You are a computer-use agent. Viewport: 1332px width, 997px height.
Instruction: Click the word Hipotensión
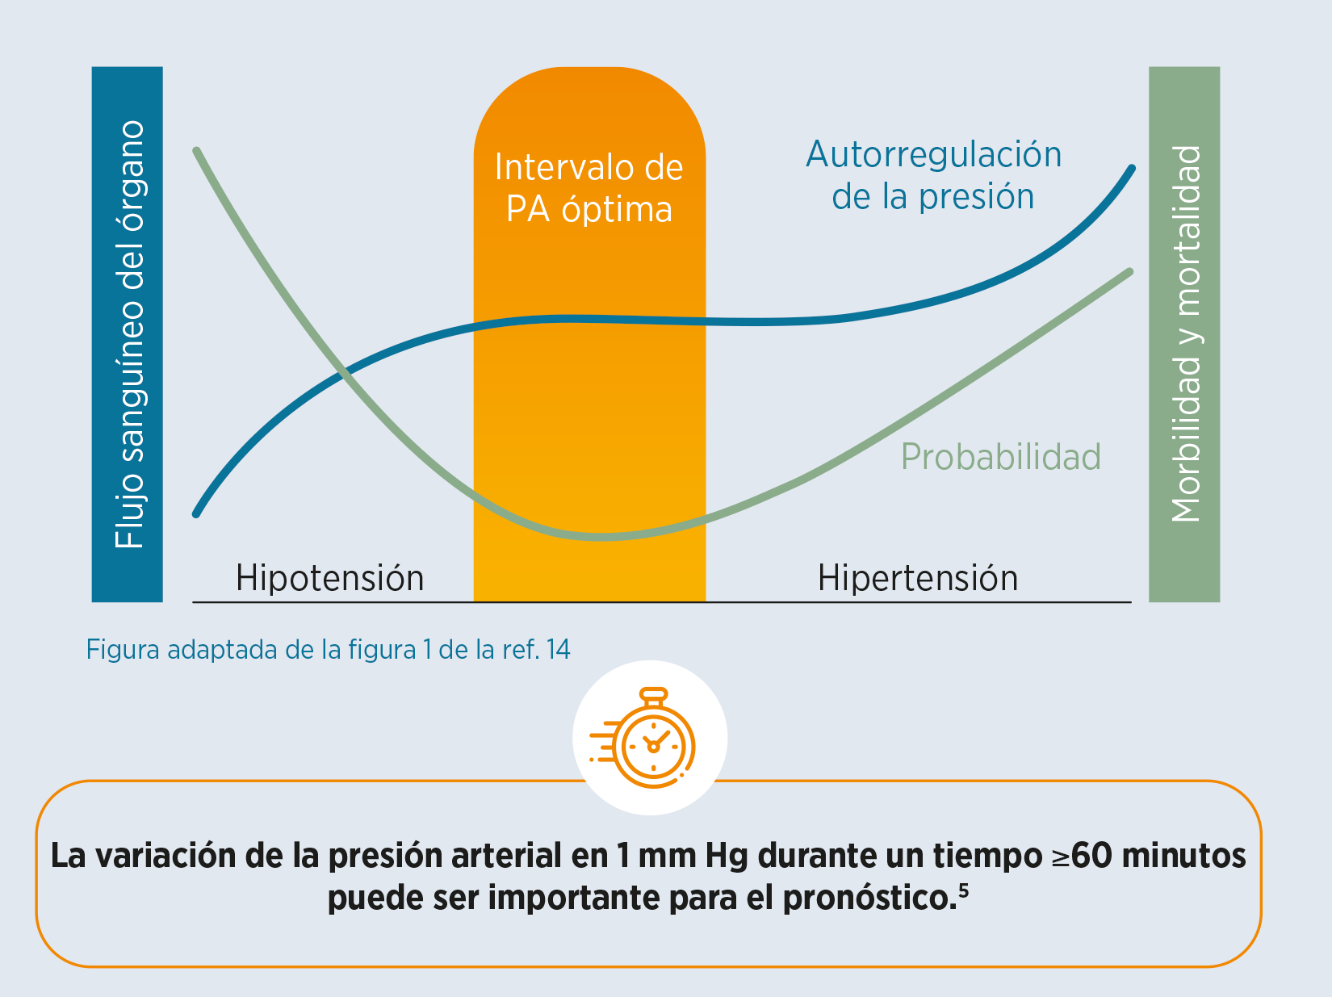coord(329,578)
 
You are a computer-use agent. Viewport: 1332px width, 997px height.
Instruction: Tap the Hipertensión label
coord(918,578)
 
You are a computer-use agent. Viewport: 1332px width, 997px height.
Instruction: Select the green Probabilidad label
coord(1001,456)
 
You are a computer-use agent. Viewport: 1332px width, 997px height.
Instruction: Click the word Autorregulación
coord(933,154)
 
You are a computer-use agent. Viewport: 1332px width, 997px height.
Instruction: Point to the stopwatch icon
coord(643,738)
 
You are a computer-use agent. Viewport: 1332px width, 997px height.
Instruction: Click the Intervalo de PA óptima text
coord(589,188)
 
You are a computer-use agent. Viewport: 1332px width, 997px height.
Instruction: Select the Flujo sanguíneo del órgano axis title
coord(129,334)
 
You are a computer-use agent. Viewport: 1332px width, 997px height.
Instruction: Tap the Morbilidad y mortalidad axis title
coord(1186,333)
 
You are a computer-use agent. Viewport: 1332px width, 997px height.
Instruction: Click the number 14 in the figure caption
coord(558,650)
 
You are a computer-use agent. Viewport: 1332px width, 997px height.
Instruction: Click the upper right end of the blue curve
coord(1132,168)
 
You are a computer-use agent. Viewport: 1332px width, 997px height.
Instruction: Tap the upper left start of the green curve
coord(196,150)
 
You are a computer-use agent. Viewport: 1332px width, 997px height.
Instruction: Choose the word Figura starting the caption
coord(124,650)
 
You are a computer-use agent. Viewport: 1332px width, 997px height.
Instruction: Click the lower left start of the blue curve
coord(196,514)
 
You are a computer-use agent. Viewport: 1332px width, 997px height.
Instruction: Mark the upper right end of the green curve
coord(1130,272)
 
